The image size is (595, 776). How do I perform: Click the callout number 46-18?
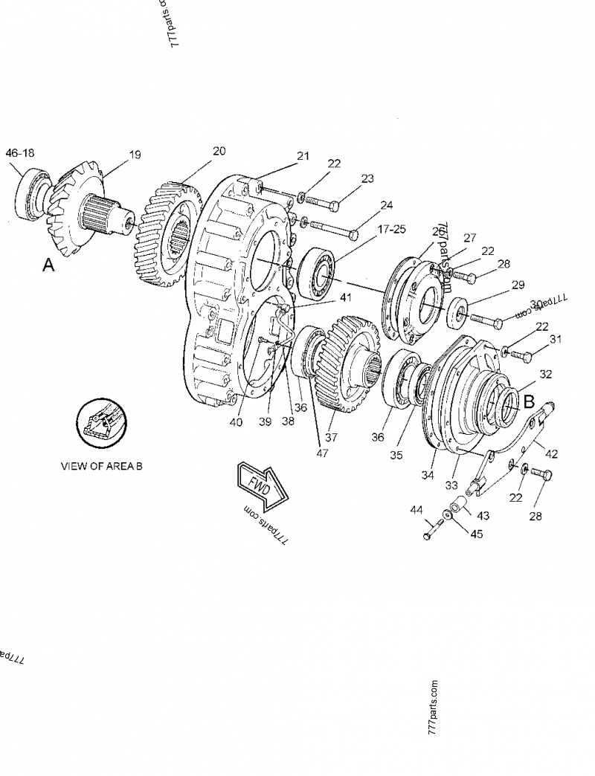20,153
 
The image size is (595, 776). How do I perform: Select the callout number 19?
134,155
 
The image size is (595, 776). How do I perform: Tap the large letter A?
48,265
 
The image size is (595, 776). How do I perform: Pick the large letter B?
530,402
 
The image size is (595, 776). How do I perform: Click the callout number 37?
331,437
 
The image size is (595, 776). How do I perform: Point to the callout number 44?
416,511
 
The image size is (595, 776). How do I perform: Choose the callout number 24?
386,205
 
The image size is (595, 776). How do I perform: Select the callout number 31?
555,340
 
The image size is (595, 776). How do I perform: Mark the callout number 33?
450,485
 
